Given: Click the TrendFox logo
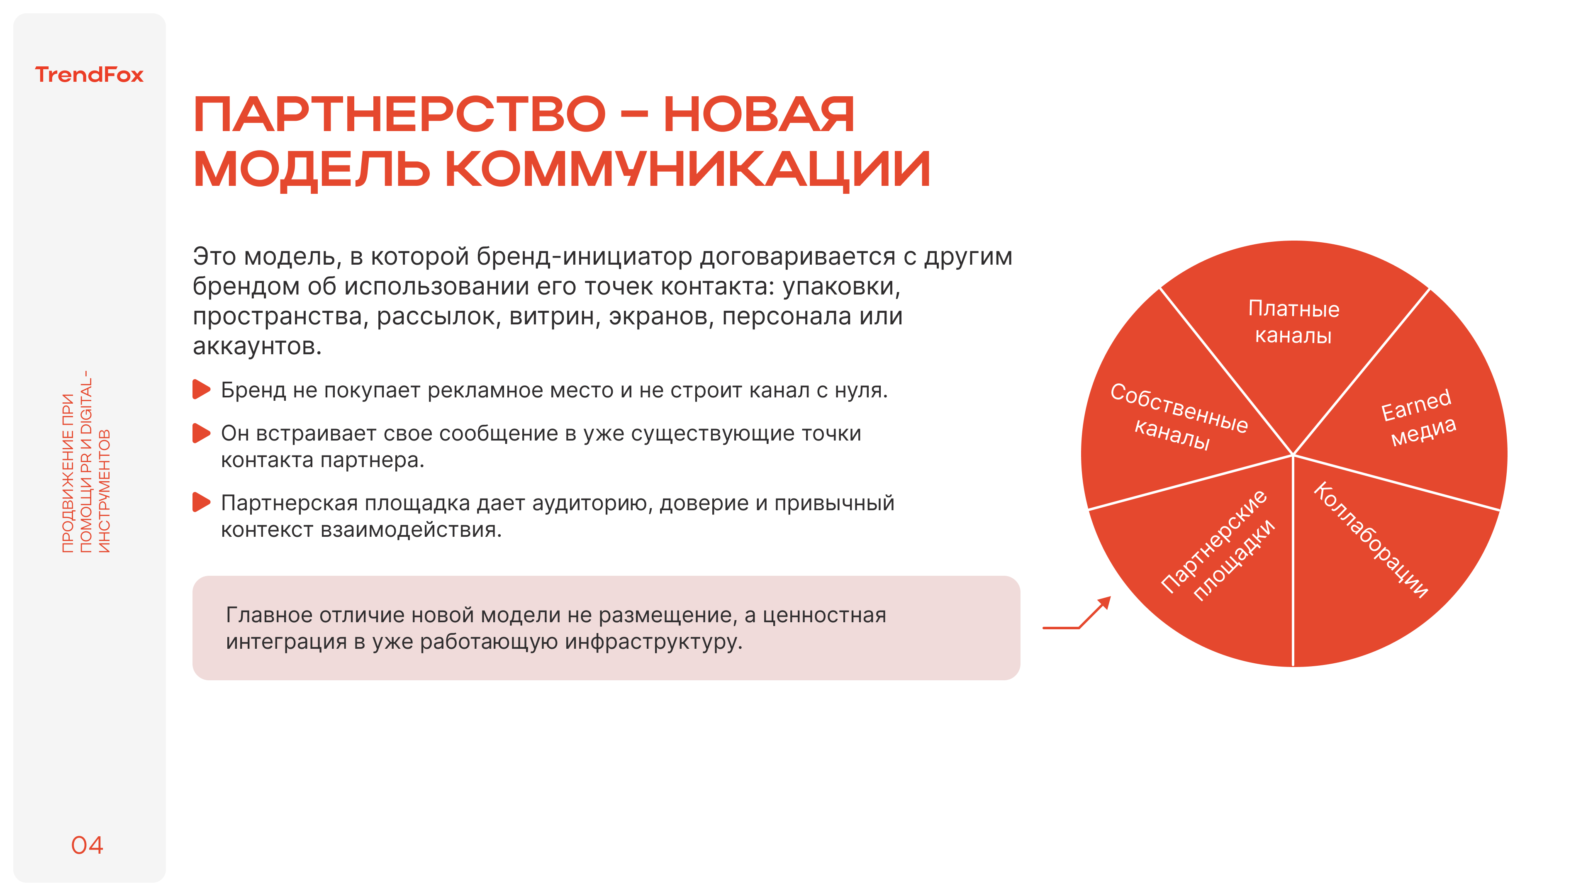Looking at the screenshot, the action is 89,75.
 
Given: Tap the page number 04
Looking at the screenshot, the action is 87,845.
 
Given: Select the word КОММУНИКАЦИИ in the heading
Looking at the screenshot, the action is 687,169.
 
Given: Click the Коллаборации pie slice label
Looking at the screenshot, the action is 1370,540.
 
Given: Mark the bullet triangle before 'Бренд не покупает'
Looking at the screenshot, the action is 201,390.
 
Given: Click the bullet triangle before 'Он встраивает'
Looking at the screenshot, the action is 201,433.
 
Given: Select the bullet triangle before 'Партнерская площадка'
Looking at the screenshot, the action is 201,502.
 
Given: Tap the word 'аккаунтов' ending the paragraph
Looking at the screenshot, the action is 257,346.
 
